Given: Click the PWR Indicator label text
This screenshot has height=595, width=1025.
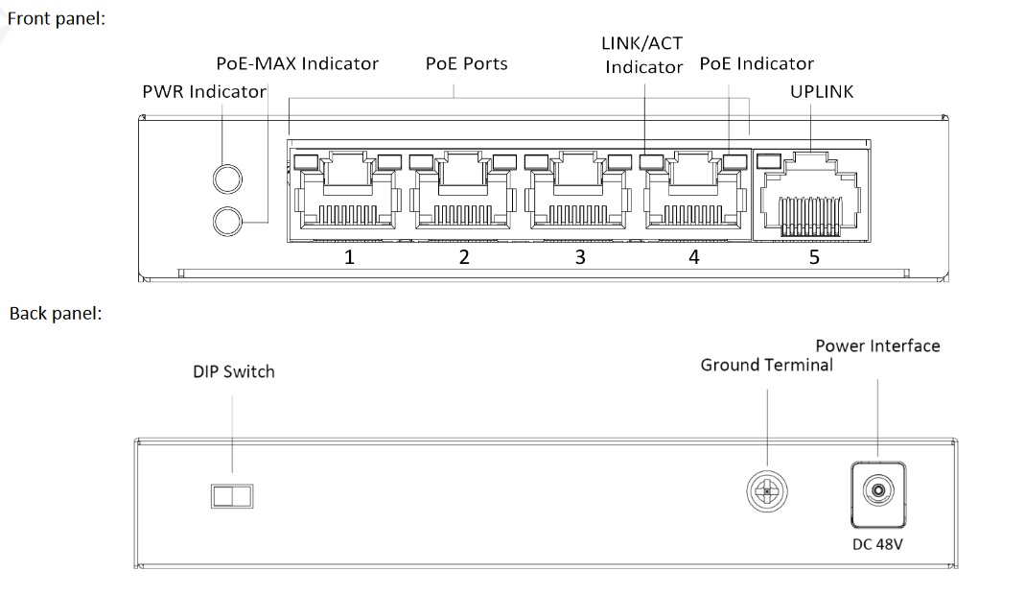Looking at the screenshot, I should click(203, 92).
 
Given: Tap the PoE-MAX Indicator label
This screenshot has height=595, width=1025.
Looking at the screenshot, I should click(297, 64).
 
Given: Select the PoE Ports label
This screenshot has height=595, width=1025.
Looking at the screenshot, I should click(466, 64).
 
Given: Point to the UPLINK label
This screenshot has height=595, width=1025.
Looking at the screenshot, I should click(821, 92).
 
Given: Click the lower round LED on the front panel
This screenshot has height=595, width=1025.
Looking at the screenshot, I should click(227, 221).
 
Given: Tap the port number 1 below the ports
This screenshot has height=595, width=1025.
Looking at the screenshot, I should click(350, 256).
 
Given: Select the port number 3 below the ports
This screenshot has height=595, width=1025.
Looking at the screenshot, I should click(579, 256).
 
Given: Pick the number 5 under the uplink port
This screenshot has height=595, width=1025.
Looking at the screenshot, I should click(814, 256).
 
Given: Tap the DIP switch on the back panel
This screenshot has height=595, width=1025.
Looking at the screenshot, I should click(232, 495).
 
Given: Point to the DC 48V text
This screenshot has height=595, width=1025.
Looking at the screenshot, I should click(877, 545).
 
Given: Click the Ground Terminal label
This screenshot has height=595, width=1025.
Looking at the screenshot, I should click(766, 365).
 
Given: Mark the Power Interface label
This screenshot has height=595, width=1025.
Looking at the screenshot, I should click(877, 345).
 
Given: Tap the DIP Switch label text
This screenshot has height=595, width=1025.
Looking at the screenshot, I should click(233, 371).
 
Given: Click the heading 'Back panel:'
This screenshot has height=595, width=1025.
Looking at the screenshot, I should click(55, 313).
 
